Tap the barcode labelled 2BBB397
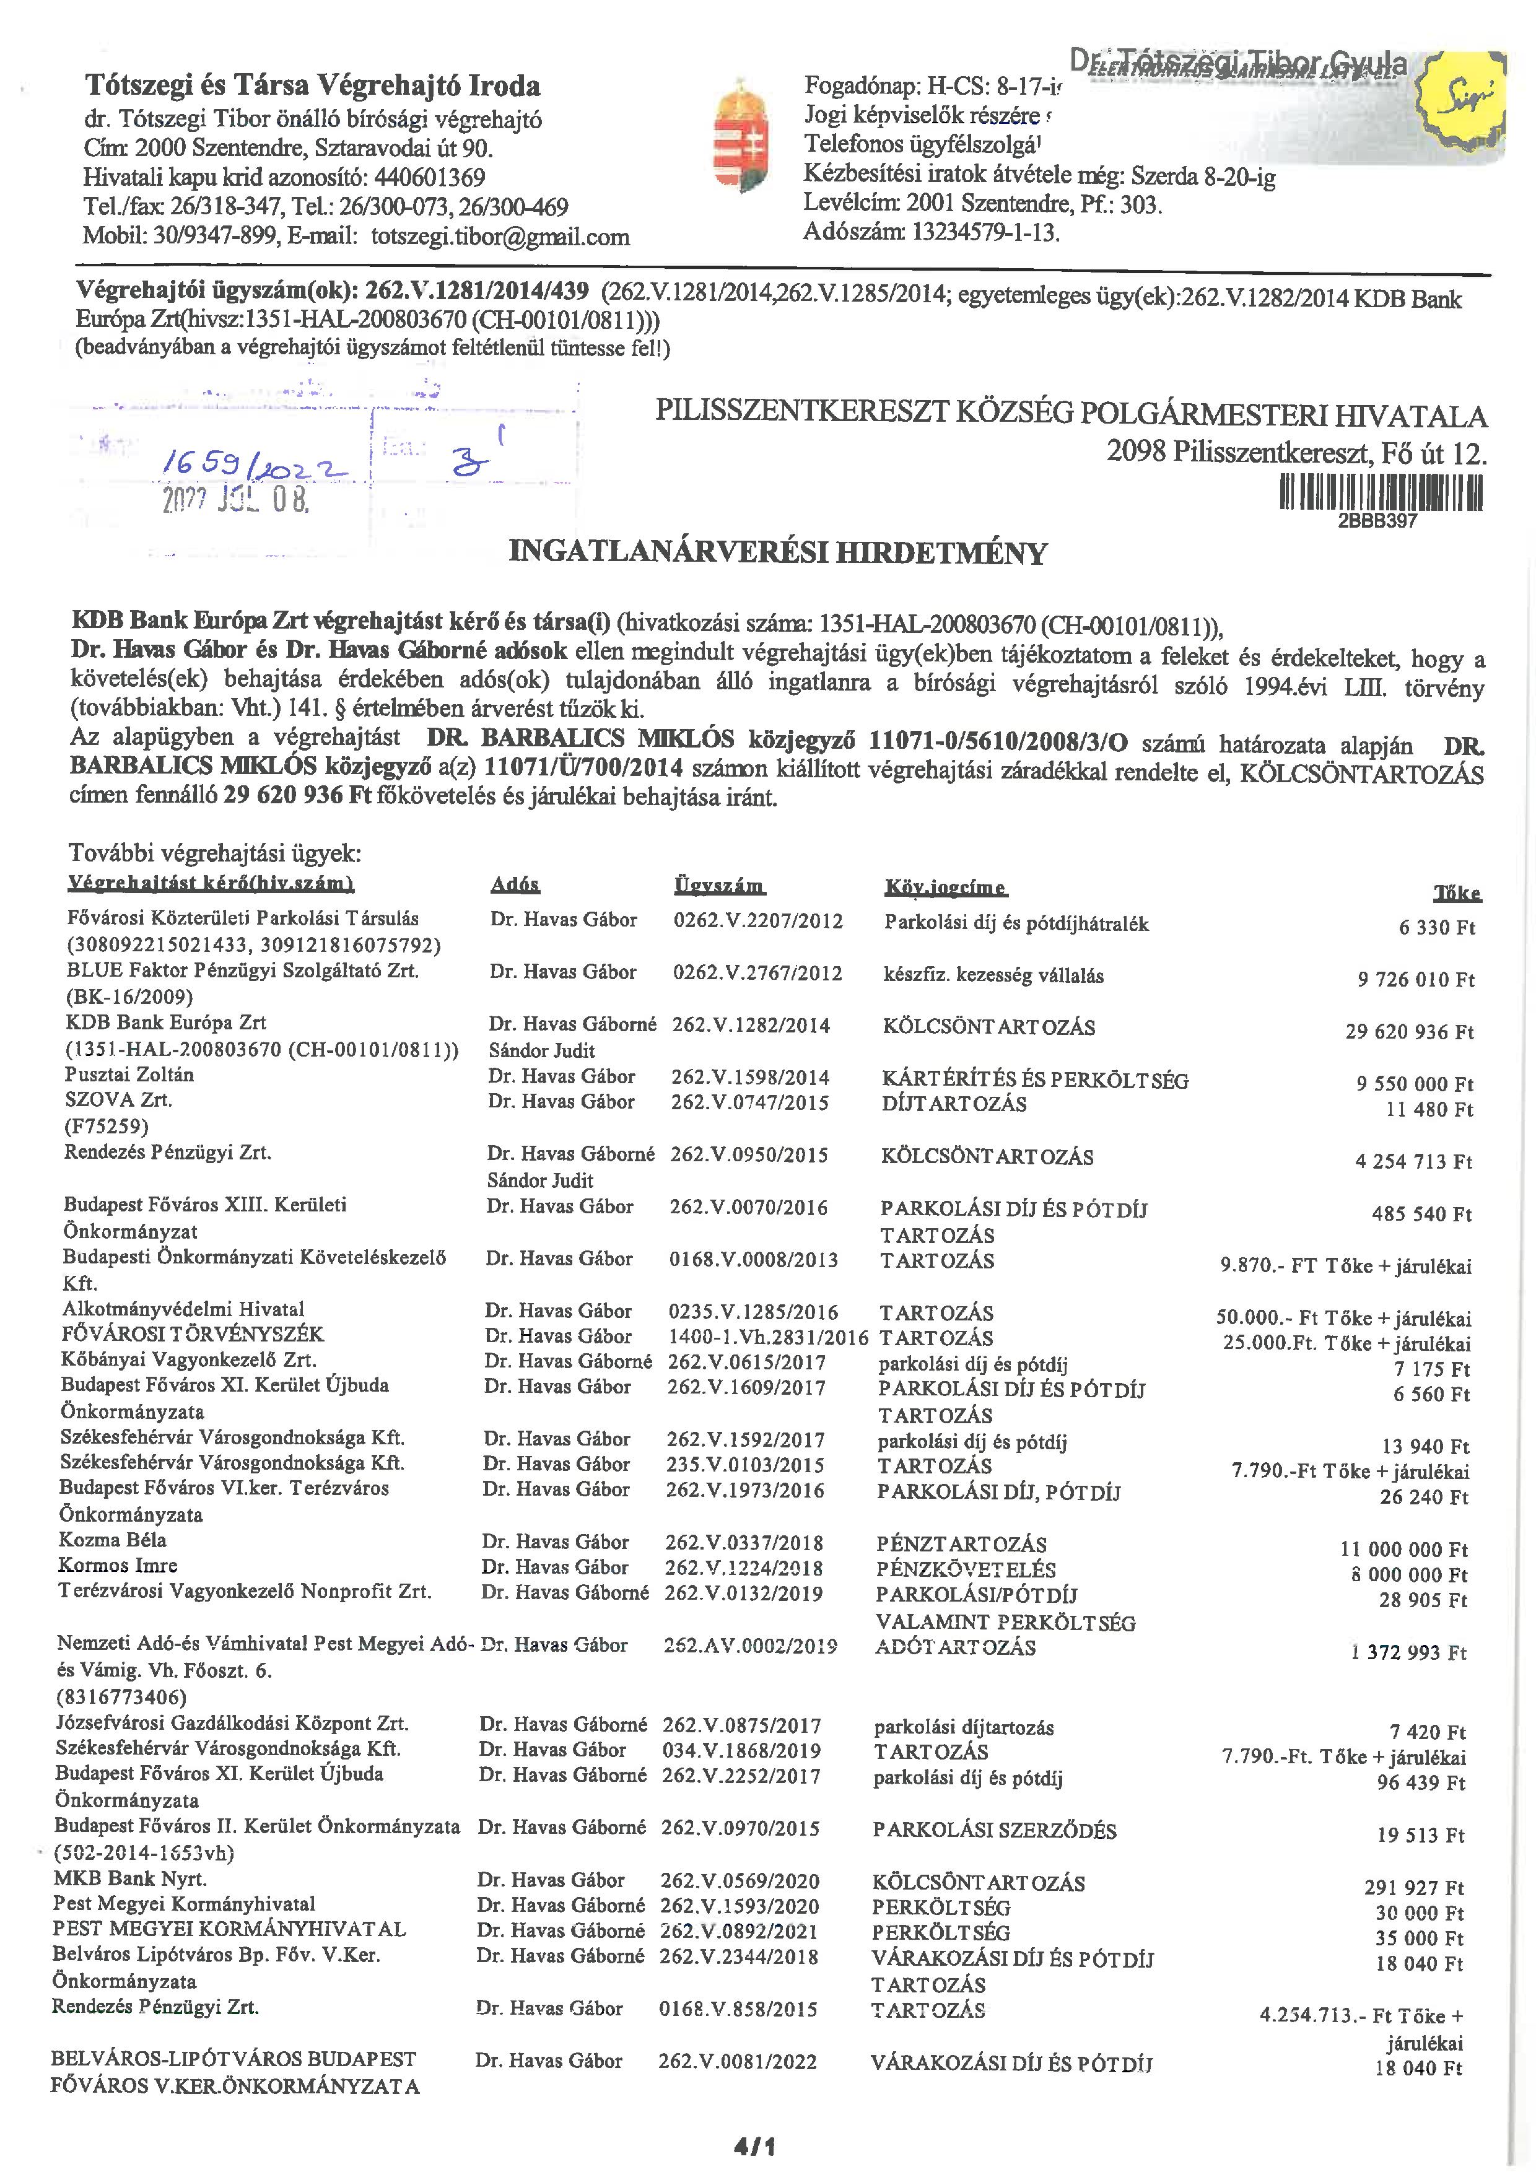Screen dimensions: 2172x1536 click(x=1381, y=493)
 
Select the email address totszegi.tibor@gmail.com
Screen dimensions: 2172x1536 click(x=500, y=237)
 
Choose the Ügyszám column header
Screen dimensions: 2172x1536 click(x=719, y=886)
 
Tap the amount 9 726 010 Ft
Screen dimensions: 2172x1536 click(x=1416, y=980)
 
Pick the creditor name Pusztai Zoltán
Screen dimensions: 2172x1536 click(x=129, y=1075)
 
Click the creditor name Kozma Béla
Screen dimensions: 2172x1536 click(x=113, y=1539)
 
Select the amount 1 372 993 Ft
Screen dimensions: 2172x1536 click(x=1408, y=1652)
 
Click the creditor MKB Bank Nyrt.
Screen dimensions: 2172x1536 click(x=129, y=1878)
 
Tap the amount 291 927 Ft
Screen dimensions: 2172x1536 click(x=1414, y=1887)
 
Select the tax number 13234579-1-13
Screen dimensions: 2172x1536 click(x=984, y=232)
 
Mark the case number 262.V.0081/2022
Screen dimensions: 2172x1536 click(x=738, y=2061)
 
